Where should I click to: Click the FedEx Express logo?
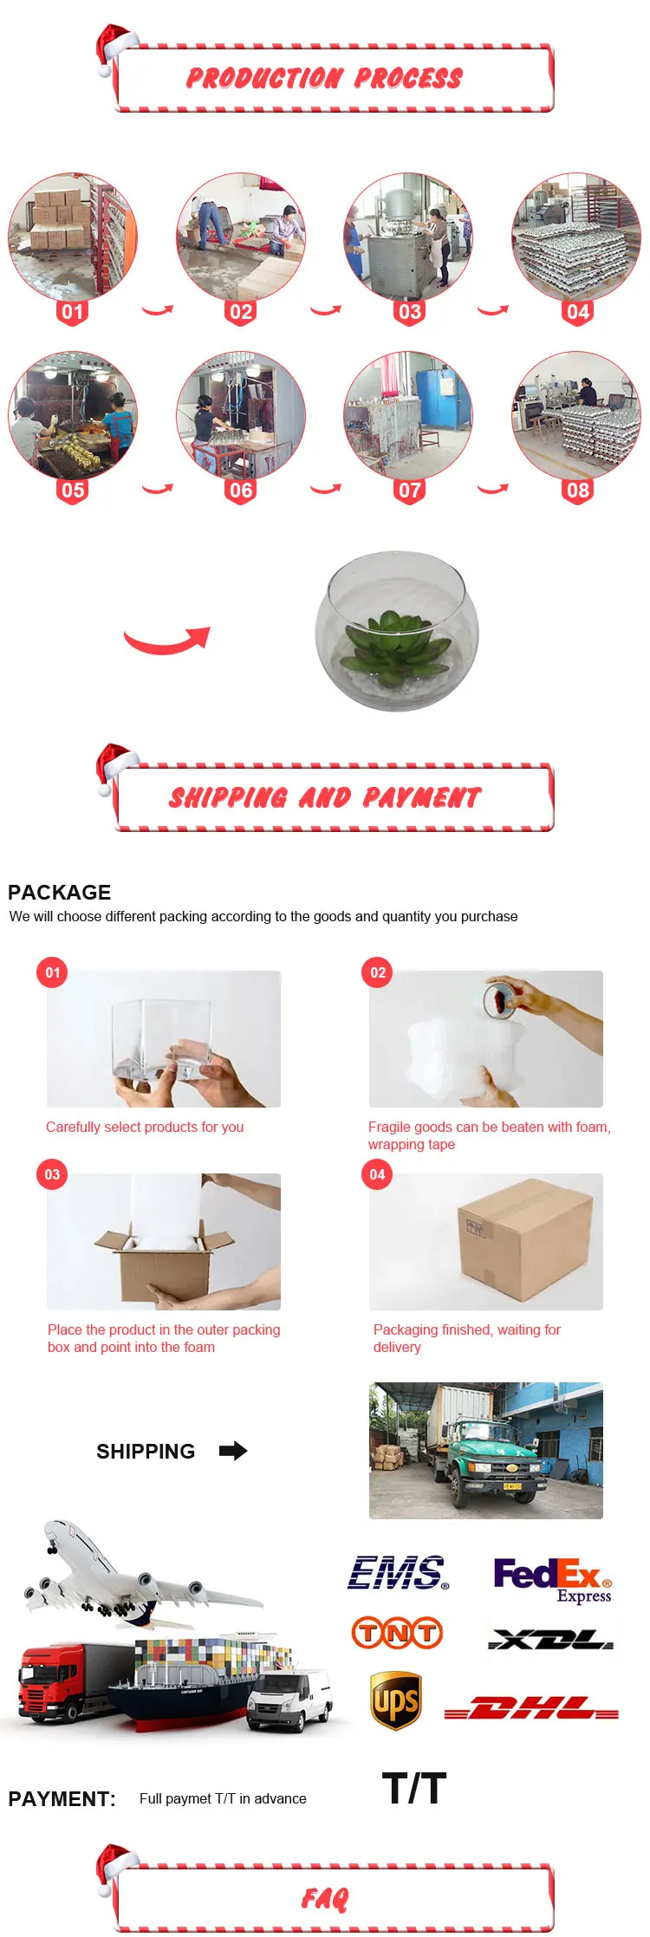click(553, 1580)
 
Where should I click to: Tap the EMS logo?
click(399, 1573)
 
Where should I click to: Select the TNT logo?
click(397, 1633)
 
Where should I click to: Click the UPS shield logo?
click(396, 1700)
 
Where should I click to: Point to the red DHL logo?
click(531, 1708)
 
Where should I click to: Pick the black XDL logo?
click(551, 1639)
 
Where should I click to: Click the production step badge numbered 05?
click(73, 491)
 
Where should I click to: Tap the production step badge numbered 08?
click(578, 491)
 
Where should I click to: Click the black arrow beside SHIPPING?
click(233, 1451)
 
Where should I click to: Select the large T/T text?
click(414, 1789)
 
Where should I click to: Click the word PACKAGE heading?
click(60, 892)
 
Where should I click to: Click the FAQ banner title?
click(324, 1900)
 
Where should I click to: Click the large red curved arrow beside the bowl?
click(167, 640)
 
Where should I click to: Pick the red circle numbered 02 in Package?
click(377, 972)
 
